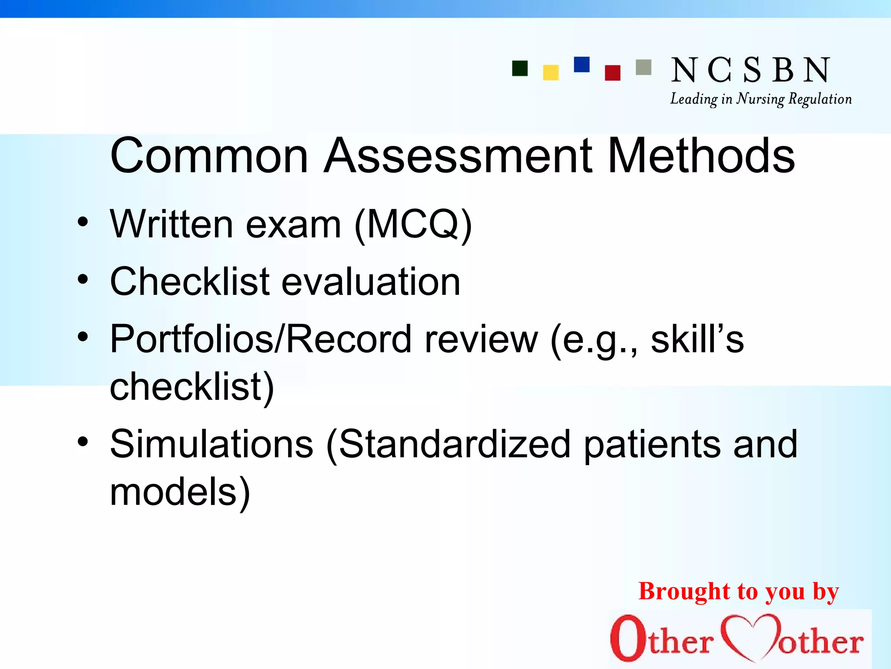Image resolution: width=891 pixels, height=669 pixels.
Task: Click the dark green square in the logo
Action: tap(520, 68)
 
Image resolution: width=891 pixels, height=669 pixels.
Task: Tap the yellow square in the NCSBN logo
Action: tap(551, 73)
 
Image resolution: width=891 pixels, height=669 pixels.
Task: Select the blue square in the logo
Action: tap(582, 64)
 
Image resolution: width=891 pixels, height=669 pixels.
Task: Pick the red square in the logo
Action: tap(613, 73)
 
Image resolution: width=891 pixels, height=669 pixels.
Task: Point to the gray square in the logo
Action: tap(643, 68)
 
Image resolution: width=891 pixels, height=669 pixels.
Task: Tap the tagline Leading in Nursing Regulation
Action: tap(760, 99)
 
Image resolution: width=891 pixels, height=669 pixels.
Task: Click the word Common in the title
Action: tap(209, 155)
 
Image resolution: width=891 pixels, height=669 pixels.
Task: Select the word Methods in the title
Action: tap(701, 155)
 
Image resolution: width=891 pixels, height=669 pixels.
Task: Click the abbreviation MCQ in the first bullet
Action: tap(413, 225)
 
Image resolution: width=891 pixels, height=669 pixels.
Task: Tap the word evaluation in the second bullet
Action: tap(371, 282)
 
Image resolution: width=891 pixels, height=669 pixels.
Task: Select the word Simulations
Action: tap(211, 444)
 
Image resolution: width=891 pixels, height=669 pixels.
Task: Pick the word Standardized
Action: tap(455, 444)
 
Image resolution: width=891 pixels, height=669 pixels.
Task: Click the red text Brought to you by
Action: tap(738, 592)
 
